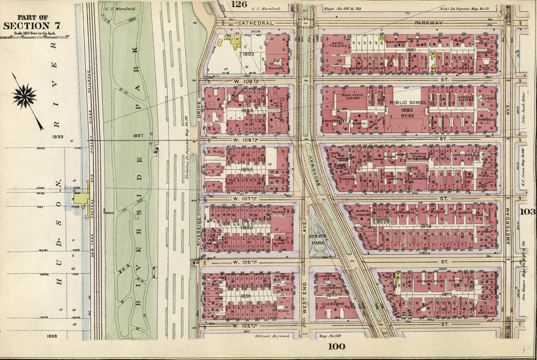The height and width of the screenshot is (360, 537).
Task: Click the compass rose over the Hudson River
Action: point(25,97)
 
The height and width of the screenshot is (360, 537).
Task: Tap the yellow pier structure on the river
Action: point(82,199)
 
